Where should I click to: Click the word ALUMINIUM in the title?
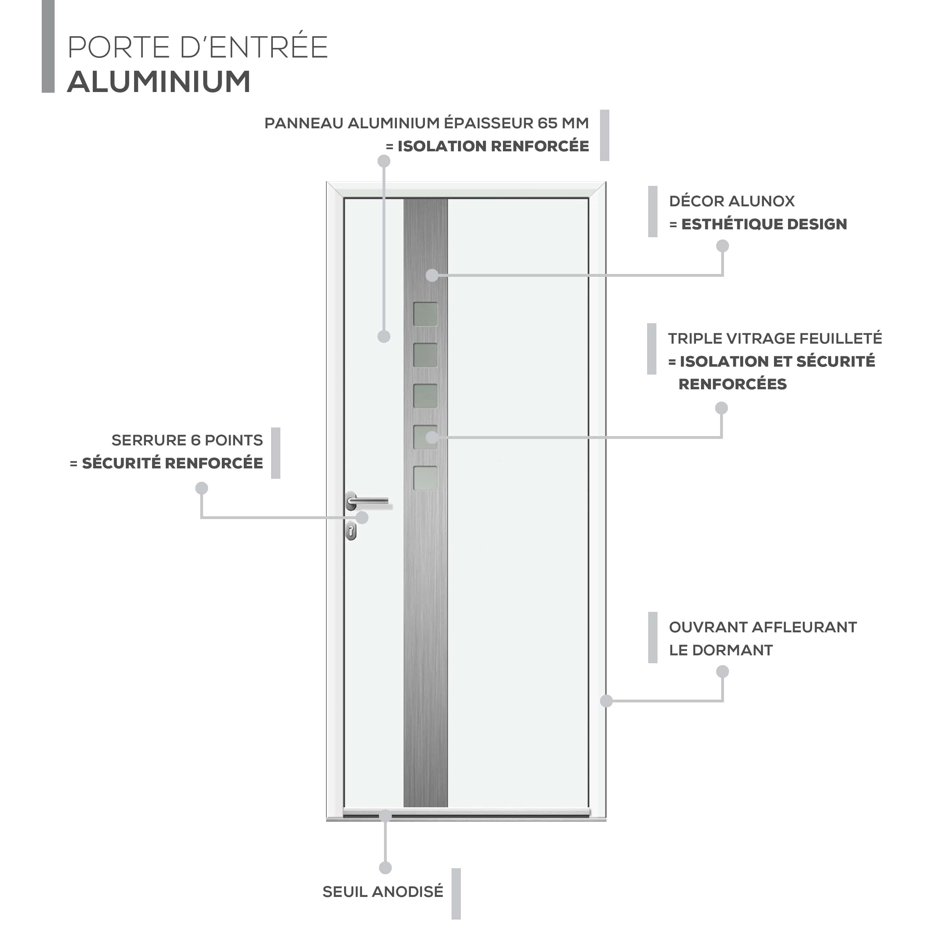click(159, 81)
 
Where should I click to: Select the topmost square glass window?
click(426, 314)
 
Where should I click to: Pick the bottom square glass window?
click(426, 478)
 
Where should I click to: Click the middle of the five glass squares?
click(426, 396)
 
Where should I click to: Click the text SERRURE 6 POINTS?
click(187, 440)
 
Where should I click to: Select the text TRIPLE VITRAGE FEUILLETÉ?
click(775, 338)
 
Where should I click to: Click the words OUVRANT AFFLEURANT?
click(762, 627)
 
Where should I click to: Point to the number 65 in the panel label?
click(547, 123)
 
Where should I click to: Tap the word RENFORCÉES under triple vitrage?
click(732, 384)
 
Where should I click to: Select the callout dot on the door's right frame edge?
click(606, 701)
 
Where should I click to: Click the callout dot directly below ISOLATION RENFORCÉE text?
click(384, 161)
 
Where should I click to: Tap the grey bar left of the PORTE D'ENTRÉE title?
click(48, 46)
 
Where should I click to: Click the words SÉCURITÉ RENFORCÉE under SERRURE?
click(173, 463)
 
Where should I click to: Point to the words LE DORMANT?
click(721, 650)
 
